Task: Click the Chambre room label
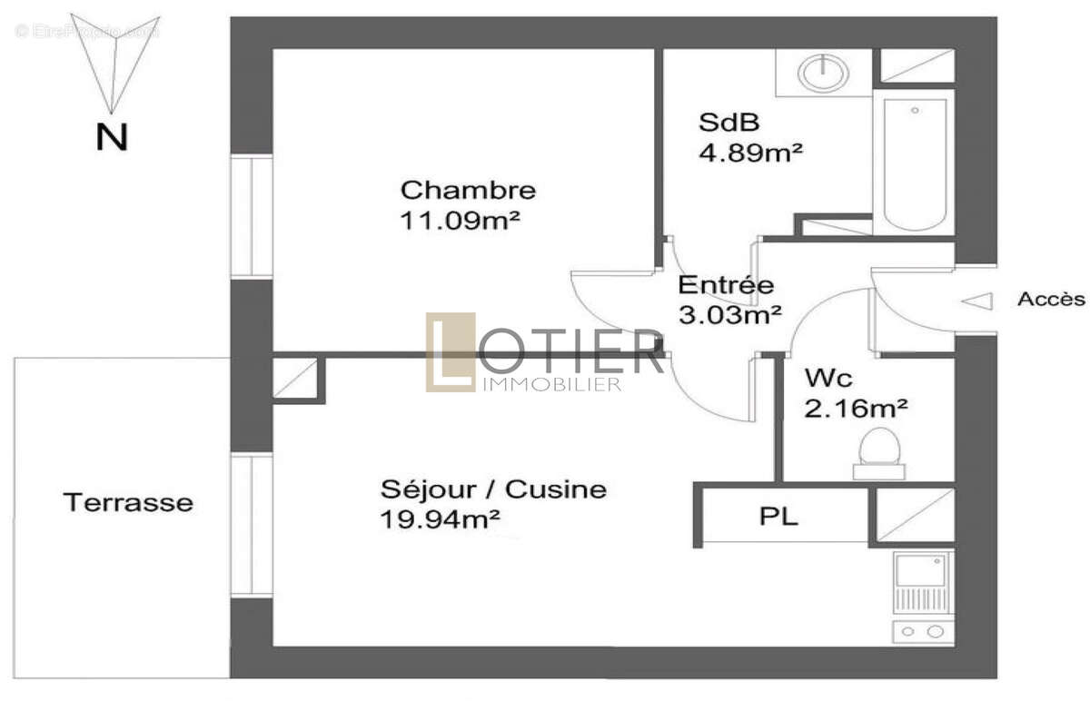click(x=468, y=191)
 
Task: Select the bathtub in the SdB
click(x=913, y=163)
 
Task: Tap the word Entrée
click(x=727, y=285)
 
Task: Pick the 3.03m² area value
click(x=731, y=314)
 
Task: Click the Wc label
click(x=828, y=378)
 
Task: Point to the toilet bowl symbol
click(x=879, y=449)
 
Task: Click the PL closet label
click(x=778, y=518)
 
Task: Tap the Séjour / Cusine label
click(x=493, y=490)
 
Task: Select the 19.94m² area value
click(x=441, y=519)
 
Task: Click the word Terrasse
click(x=128, y=501)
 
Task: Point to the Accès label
click(x=1051, y=299)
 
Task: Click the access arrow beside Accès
click(x=977, y=301)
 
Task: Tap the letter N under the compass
click(x=112, y=137)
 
